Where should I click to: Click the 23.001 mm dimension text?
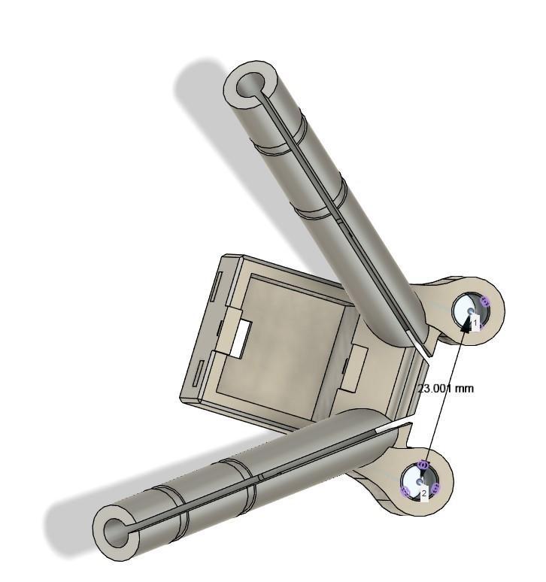446,389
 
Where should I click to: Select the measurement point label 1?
475,323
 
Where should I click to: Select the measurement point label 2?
424,493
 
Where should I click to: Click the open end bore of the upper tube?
248,89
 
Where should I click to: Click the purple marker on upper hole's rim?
485,302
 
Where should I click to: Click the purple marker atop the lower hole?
423,465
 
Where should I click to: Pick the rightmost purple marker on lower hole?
435,489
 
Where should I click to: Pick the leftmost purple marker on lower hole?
406,491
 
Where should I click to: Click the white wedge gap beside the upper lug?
421,345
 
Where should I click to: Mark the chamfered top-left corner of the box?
224,259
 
